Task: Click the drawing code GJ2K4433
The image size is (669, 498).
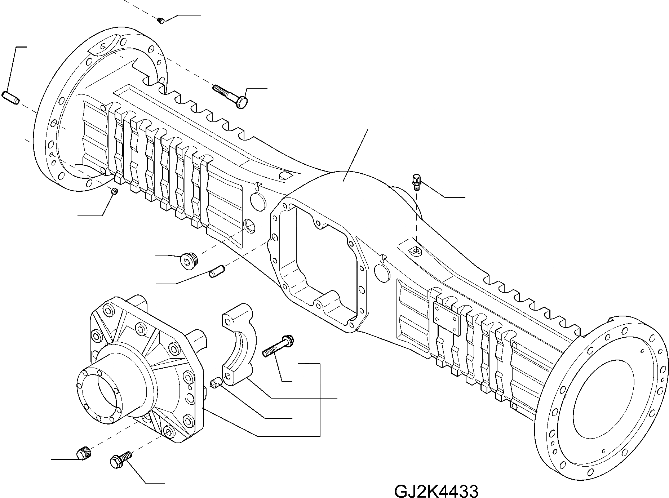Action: [x=436, y=491]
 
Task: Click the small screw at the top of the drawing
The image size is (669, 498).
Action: [x=161, y=21]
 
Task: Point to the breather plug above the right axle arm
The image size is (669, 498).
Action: [x=417, y=181]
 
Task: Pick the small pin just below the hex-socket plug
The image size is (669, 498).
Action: [x=217, y=271]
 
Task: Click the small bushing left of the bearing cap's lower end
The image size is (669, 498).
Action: [x=217, y=383]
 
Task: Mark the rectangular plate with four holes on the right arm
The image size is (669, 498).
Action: [x=446, y=317]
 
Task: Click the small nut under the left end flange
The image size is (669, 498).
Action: [x=115, y=191]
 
